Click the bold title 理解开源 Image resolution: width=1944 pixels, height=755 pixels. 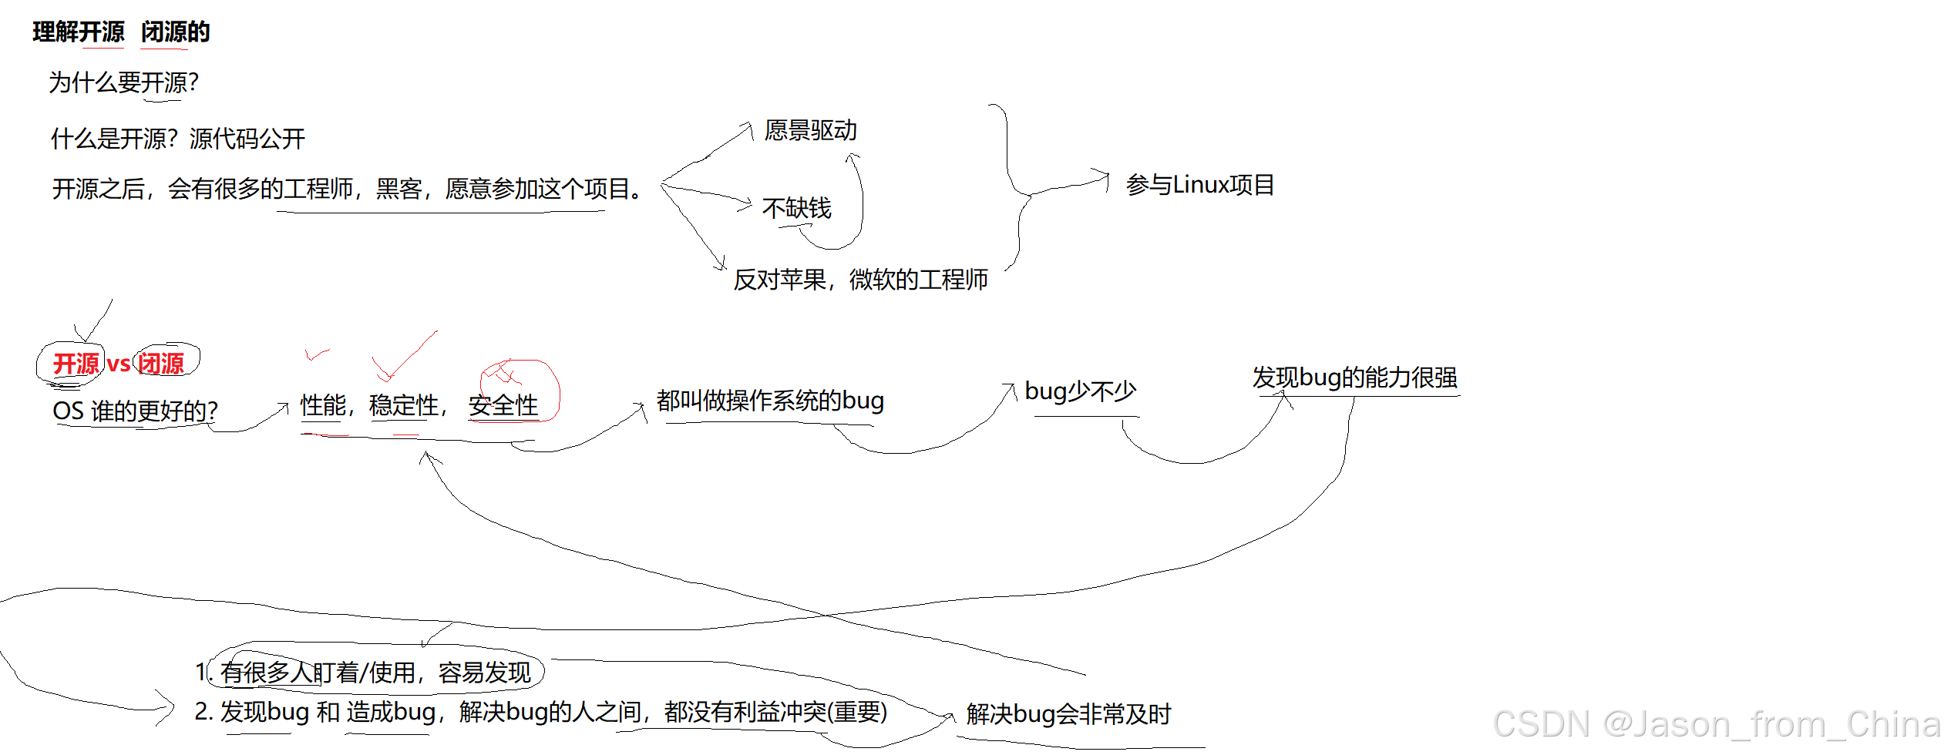79,32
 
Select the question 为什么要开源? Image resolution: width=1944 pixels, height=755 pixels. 123,82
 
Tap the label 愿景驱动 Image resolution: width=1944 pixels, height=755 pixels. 810,130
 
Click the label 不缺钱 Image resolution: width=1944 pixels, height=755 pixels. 796,208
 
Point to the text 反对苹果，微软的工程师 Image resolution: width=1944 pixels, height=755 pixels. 860,280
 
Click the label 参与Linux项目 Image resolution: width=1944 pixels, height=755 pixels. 1199,185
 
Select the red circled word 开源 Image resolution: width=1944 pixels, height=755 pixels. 76,364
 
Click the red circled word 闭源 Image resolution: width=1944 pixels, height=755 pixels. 161,364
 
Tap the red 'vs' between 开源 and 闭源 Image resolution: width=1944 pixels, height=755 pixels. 119,364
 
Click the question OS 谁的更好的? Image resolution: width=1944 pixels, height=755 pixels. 135,411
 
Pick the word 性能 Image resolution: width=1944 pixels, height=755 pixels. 323,405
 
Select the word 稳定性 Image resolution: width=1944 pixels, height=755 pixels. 404,405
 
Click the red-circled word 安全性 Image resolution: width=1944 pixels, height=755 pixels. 503,405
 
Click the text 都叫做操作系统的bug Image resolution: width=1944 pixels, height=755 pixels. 770,401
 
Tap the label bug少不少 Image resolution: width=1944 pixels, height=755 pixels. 1080,391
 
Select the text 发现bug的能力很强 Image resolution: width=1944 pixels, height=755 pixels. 1354,377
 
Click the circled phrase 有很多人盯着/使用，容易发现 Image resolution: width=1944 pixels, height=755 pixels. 376,673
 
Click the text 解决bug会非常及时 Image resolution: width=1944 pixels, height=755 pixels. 1068,714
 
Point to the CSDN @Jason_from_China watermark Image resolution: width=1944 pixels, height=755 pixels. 1716,724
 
